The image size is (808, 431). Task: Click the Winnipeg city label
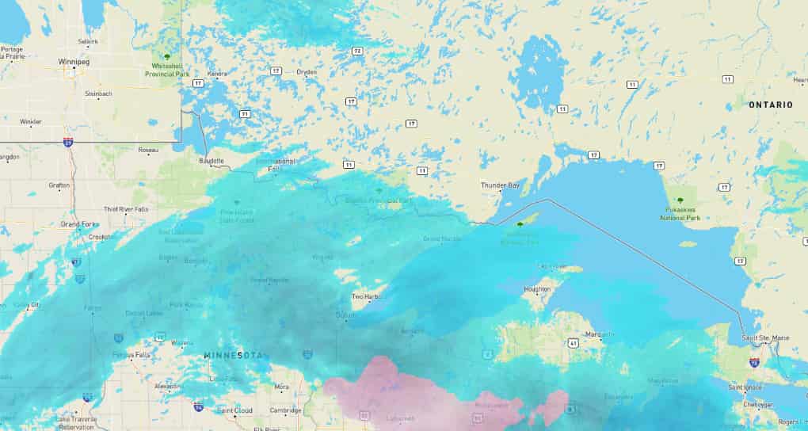pyautogui.click(x=72, y=61)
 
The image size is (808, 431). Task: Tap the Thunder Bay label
pyautogui.click(x=501, y=185)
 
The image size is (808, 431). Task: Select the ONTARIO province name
pyautogui.click(x=771, y=105)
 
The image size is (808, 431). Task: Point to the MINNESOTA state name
pyautogui.click(x=233, y=355)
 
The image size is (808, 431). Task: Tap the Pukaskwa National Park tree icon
pyautogui.click(x=680, y=200)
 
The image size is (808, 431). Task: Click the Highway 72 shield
pyautogui.click(x=357, y=51)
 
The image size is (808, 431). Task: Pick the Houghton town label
pyautogui.click(x=537, y=289)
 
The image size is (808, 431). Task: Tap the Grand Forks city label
pyautogui.click(x=80, y=224)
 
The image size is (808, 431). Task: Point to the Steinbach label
pyautogui.click(x=98, y=93)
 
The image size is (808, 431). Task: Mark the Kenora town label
pyautogui.click(x=216, y=74)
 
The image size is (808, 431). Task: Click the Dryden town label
pyautogui.click(x=306, y=72)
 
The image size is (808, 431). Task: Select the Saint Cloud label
pyautogui.click(x=234, y=410)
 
